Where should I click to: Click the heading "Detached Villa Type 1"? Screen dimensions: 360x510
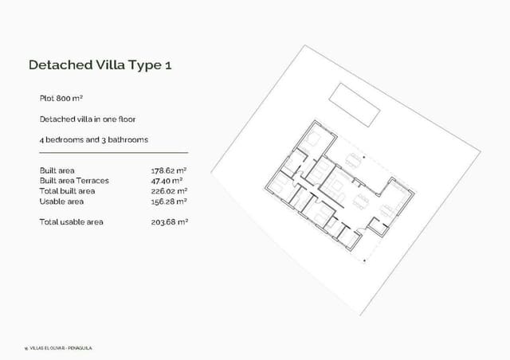[x=100, y=65]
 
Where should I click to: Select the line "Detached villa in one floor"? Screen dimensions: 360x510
[x=88, y=119]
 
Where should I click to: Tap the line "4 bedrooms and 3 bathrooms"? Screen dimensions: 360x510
[x=93, y=139]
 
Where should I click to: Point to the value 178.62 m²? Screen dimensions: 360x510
[x=169, y=170]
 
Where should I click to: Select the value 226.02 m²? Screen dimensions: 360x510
[x=169, y=191]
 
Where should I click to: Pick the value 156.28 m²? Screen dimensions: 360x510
[x=169, y=202]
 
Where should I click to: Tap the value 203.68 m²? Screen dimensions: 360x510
[x=169, y=221]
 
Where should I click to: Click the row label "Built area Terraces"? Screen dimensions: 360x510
[x=74, y=181]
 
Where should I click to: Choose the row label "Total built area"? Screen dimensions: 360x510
[x=67, y=191]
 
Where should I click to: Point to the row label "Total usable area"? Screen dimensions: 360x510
[x=71, y=221]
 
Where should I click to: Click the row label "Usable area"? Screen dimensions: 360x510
[x=60, y=202]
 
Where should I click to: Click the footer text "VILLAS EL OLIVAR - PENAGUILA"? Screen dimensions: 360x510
[x=62, y=347]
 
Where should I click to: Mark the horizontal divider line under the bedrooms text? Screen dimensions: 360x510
[x=113, y=152]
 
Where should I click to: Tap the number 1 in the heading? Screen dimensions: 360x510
[x=167, y=65]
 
